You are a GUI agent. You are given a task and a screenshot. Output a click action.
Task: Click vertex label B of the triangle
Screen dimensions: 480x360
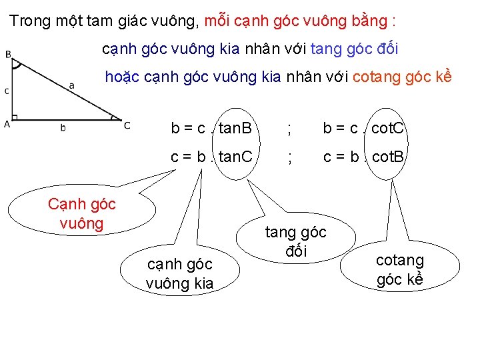click(8, 55)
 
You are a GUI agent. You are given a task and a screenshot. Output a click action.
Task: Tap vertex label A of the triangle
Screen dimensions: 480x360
click(7, 123)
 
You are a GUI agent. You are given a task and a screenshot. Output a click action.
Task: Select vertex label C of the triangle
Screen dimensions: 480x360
click(127, 125)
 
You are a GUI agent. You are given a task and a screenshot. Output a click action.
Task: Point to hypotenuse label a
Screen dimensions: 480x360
click(71, 85)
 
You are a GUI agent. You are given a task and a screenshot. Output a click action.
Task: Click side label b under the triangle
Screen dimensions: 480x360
click(63, 127)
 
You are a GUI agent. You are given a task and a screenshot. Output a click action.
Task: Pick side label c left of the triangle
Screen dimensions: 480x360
click(7, 91)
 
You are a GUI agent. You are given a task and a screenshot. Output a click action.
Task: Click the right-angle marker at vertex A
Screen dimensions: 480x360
click(15, 118)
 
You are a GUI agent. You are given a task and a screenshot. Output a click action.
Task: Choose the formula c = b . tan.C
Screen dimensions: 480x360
click(211, 157)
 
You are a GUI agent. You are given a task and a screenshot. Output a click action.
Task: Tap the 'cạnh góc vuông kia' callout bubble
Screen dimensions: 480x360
click(179, 273)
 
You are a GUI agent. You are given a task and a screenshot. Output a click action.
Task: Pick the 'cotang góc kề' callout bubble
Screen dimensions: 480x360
click(400, 269)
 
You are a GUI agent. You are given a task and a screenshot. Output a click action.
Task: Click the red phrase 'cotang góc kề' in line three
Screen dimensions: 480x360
click(402, 77)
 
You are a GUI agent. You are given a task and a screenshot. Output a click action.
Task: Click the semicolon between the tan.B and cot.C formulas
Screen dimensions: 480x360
click(288, 130)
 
